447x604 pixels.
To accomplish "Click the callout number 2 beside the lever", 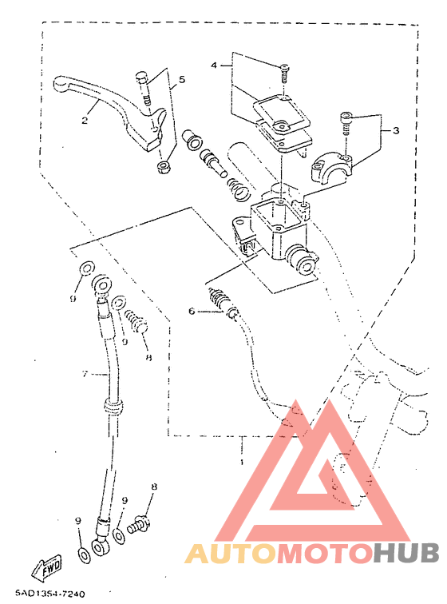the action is click(85, 120).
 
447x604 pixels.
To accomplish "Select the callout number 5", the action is click(182, 79).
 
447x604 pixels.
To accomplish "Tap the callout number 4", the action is click(214, 65).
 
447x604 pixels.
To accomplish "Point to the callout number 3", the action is click(396, 130).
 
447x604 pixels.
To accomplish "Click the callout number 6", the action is click(192, 311).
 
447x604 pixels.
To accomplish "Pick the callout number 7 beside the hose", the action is click(85, 374).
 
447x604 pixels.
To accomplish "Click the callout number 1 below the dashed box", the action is click(242, 462).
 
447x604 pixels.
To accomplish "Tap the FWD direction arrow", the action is click(46, 566).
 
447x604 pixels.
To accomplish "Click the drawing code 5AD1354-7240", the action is click(50, 594).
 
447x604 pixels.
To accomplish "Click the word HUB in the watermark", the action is click(405, 553).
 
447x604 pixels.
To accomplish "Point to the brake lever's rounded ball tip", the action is click(61, 84).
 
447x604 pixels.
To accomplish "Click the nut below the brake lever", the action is click(164, 168).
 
